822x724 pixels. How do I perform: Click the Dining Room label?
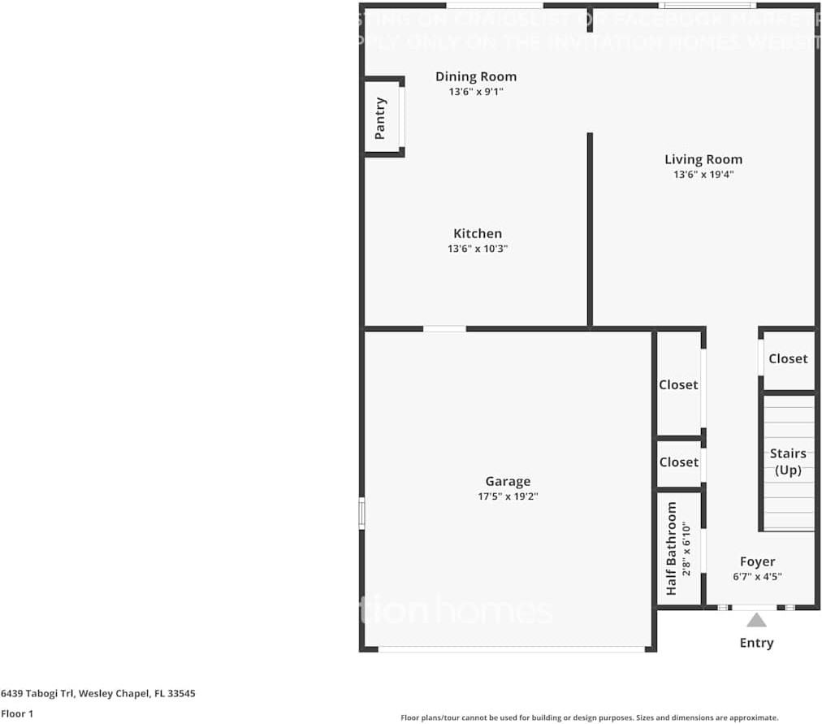click(475, 76)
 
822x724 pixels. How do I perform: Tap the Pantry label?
click(380, 118)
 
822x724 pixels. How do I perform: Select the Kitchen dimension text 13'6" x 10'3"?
click(477, 249)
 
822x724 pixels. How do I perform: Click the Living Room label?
click(703, 159)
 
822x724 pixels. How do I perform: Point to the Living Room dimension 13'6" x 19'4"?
click(703, 175)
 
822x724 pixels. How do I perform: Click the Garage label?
click(508, 481)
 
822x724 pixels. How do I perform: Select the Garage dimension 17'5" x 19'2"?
click(508, 496)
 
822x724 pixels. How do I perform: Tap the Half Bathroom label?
click(671, 548)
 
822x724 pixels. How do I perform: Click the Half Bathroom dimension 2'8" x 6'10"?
click(686, 548)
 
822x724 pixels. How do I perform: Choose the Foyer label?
click(757, 561)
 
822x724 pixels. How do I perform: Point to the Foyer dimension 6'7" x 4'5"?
click(757, 577)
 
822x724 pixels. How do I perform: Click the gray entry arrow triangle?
click(756, 621)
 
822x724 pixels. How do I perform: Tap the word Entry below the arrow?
click(756, 643)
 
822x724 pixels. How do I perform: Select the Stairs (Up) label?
click(788, 462)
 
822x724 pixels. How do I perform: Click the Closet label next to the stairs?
click(788, 358)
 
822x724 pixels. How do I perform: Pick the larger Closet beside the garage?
click(678, 384)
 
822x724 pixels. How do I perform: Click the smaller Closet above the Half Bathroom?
click(678, 462)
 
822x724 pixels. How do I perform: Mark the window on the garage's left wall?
click(362, 514)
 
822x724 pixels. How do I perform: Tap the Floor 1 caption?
click(17, 714)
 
